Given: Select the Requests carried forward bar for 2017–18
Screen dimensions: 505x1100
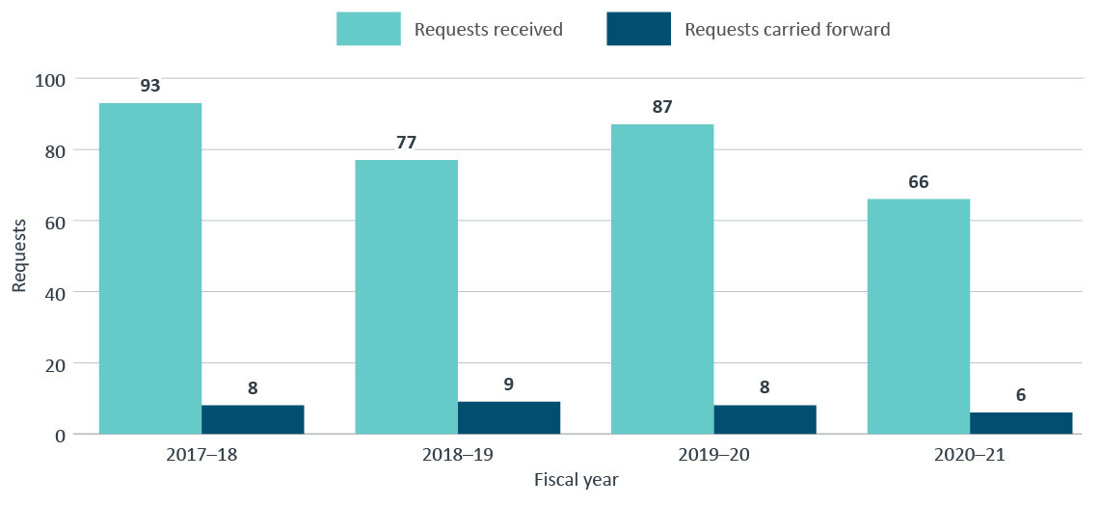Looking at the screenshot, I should [x=253, y=419].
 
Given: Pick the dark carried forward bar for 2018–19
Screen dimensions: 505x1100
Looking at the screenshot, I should [x=509, y=417].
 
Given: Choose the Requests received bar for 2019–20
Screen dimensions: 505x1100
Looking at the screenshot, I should [x=662, y=279].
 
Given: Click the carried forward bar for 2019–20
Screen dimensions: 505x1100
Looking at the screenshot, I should [x=765, y=419].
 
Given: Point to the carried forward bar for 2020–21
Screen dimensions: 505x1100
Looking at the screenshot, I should [x=1021, y=423].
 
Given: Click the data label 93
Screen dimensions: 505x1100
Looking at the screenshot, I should [x=149, y=85].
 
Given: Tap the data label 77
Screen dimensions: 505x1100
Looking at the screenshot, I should [x=406, y=143].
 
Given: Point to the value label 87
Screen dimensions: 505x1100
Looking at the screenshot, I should [x=662, y=106].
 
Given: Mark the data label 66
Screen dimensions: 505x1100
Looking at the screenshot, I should [x=918, y=181].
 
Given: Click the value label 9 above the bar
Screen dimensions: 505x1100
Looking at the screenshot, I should [x=509, y=384].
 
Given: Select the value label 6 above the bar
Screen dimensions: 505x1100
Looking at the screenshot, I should [x=1021, y=394].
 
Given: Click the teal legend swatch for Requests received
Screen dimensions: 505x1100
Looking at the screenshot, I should [x=367, y=29].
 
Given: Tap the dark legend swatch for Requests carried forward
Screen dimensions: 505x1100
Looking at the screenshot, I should [x=637, y=29].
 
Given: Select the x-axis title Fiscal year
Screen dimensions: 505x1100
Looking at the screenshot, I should [x=576, y=479].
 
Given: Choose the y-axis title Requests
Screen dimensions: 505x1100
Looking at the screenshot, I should [x=18, y=255].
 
